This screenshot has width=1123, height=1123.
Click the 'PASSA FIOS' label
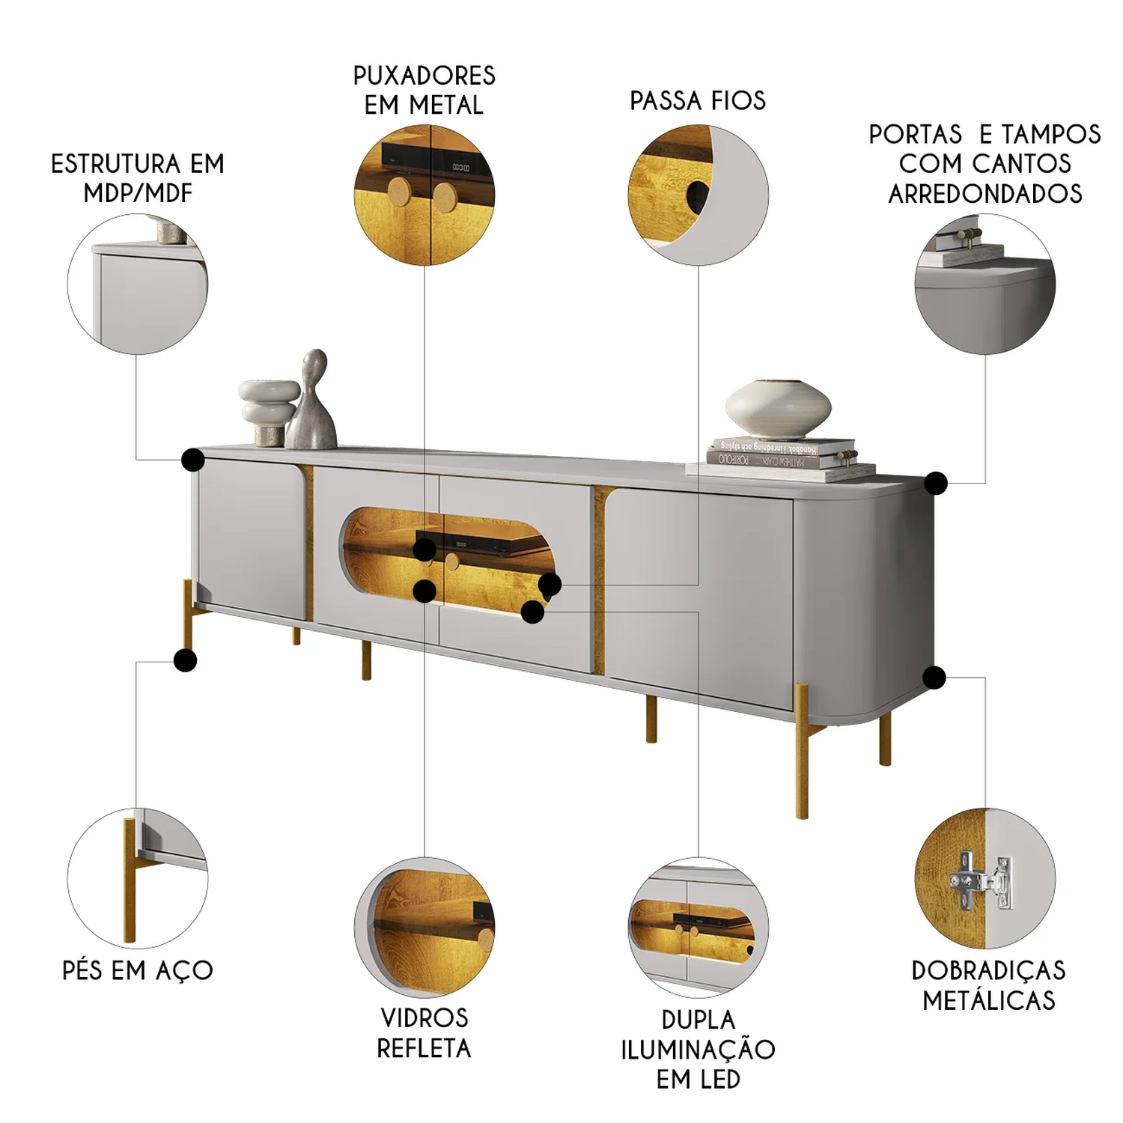tap(698, 100)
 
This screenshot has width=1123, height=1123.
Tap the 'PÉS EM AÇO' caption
tap(138, 970)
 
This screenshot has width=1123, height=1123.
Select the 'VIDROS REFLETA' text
tap(424, 1032)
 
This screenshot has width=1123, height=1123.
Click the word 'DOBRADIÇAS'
tap(988, 970)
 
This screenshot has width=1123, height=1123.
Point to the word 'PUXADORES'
tap(424, 76)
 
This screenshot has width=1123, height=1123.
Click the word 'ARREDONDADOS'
tap(985, 193)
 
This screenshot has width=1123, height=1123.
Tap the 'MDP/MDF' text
tap(138, 192)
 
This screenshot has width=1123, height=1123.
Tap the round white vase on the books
tap(779, 409)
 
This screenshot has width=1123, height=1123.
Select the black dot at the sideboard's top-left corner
tap(193, 460)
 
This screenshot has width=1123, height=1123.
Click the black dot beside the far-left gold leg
tap(185, 660)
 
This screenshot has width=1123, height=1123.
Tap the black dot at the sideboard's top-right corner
tap(935, 483)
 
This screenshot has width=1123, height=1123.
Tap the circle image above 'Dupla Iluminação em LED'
tap(699, 927)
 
